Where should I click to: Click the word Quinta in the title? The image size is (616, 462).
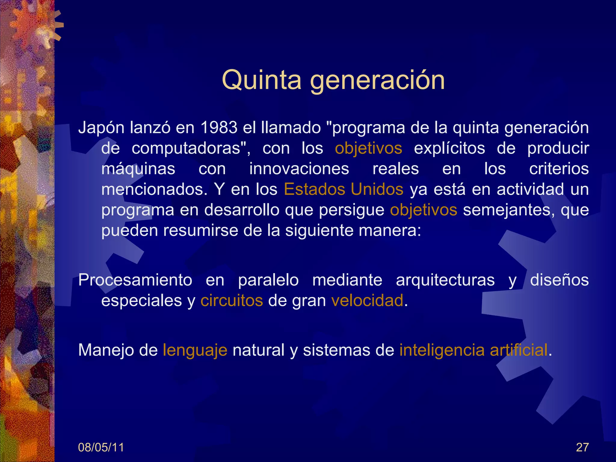click(261, 80)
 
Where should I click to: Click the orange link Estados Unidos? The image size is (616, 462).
click(343, 189)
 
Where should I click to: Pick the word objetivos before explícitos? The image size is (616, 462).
click(368, 148)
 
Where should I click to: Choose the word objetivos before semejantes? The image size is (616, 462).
click(423, 210)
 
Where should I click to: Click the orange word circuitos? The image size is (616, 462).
click(232, 300)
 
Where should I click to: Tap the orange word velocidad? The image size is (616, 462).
click(367, 300)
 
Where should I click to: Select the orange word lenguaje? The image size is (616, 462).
click(195, 350)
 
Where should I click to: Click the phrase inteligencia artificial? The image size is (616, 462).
click(473, 350)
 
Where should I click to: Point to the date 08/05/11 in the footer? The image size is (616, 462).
click(101, 448)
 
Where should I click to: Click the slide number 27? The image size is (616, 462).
click(582, 448)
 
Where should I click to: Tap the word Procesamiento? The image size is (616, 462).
click(135, 280)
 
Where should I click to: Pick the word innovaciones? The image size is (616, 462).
click(299, 168)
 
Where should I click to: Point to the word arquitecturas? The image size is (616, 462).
click(445, 280)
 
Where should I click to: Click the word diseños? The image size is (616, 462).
click(559, 280)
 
